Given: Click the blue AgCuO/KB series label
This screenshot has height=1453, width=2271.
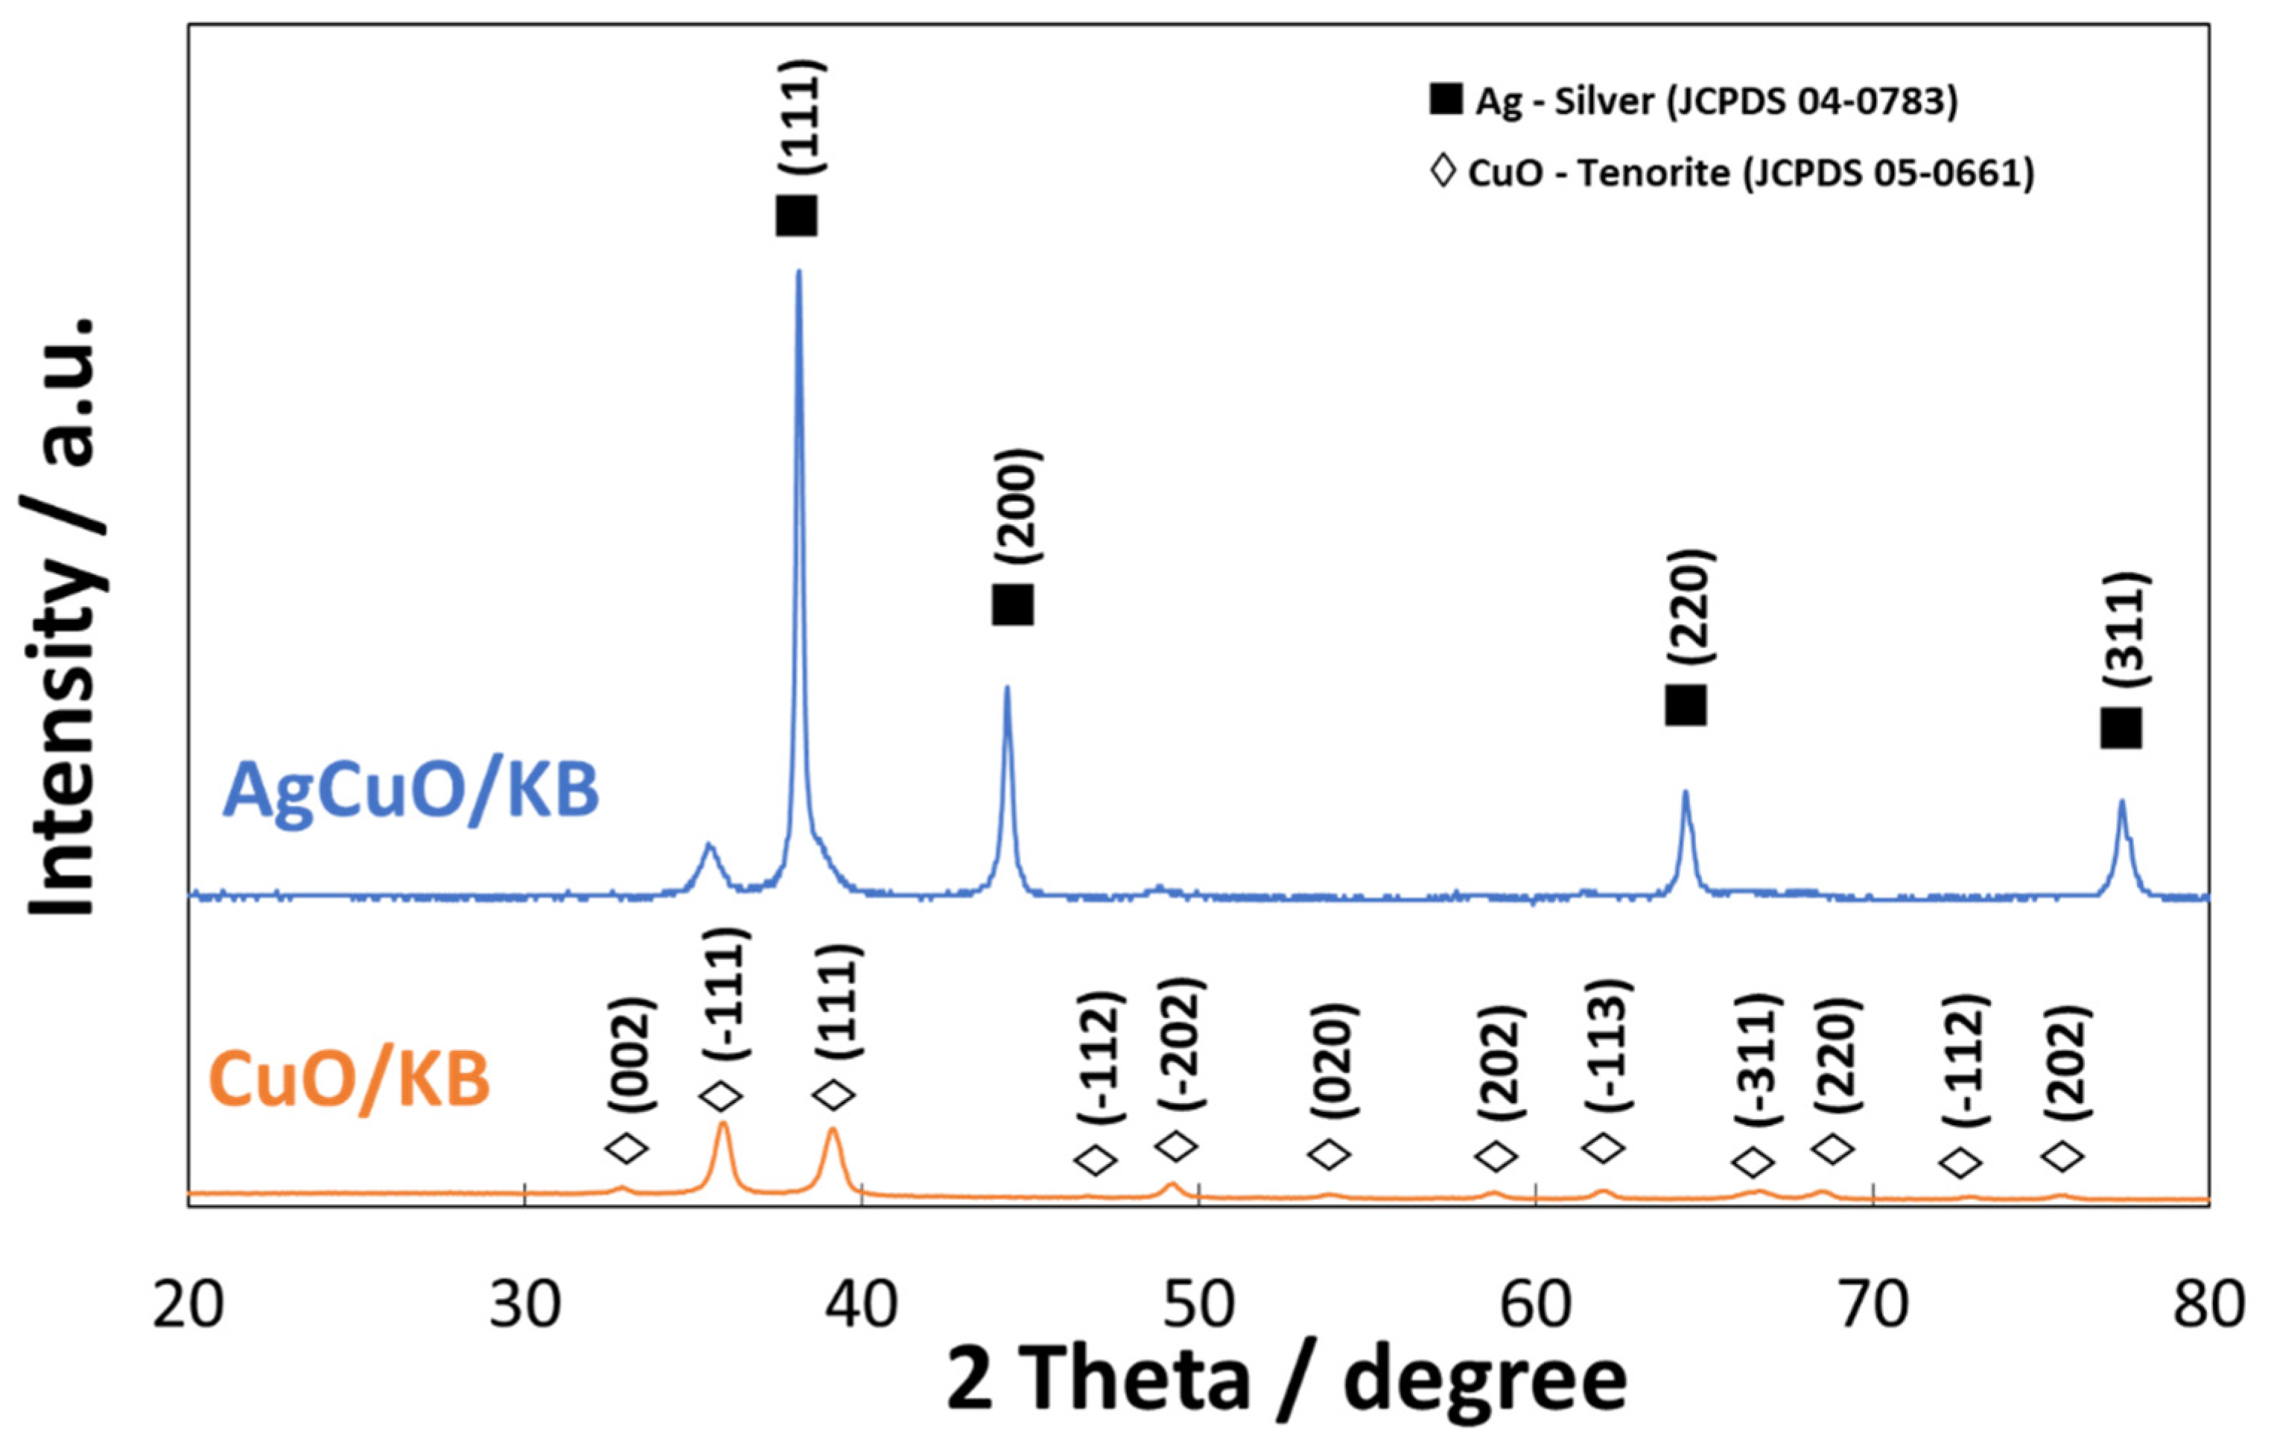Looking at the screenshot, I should pos(411,791).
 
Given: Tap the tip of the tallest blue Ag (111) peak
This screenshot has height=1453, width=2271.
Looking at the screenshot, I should pos(799,273).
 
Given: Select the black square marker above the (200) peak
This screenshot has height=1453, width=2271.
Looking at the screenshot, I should pos(1012,605).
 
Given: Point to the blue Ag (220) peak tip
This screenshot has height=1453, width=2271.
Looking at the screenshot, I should pos(1685,793).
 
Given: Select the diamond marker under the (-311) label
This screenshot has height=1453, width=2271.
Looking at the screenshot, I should pos(1754,1163).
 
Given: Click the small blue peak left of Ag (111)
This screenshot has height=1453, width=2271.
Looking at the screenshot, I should pos(710,846).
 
